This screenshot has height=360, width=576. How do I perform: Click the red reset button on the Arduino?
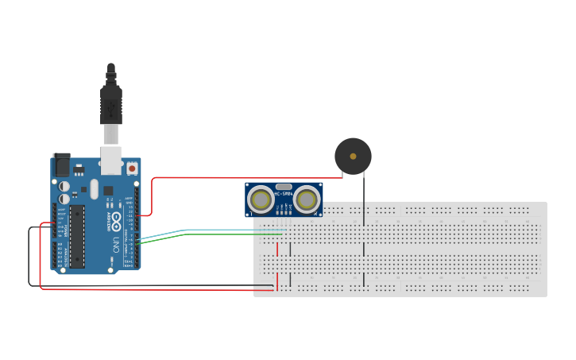click(131, 168)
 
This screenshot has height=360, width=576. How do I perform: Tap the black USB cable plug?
click(111, 104)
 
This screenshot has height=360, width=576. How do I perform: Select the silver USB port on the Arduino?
click(110, 160)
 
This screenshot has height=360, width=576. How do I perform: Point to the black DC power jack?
click(61, 165)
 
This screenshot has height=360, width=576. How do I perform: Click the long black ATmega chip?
click(77, 236)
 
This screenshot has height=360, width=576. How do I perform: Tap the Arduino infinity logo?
click(116, 220)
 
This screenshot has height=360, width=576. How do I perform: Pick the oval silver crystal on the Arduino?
click(94, 189)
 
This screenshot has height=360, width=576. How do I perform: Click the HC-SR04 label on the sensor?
click(284, 193)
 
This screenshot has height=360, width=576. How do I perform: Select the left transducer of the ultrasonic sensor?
click(260, 199)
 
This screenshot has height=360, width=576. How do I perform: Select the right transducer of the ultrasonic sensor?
click(307, 199)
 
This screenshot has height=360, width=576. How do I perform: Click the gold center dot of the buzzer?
click(353, 157)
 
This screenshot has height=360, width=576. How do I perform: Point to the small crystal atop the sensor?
click(284, 186)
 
